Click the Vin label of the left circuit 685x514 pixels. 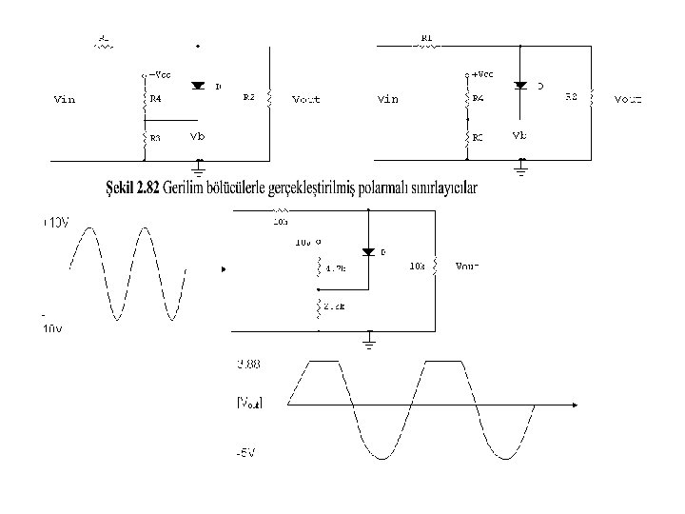63,98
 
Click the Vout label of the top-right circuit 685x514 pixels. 628,98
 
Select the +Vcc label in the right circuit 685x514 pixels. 482,72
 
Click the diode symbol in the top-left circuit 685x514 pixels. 198,85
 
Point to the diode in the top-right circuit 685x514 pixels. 520,85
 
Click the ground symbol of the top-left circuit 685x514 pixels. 199,168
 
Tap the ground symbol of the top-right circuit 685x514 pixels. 520,168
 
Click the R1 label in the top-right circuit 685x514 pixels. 426,39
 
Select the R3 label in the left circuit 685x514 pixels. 155,138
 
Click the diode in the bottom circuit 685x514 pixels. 368,252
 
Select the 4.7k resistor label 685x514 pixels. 335,269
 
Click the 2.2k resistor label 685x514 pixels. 335,306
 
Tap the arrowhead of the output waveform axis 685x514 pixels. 575,404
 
